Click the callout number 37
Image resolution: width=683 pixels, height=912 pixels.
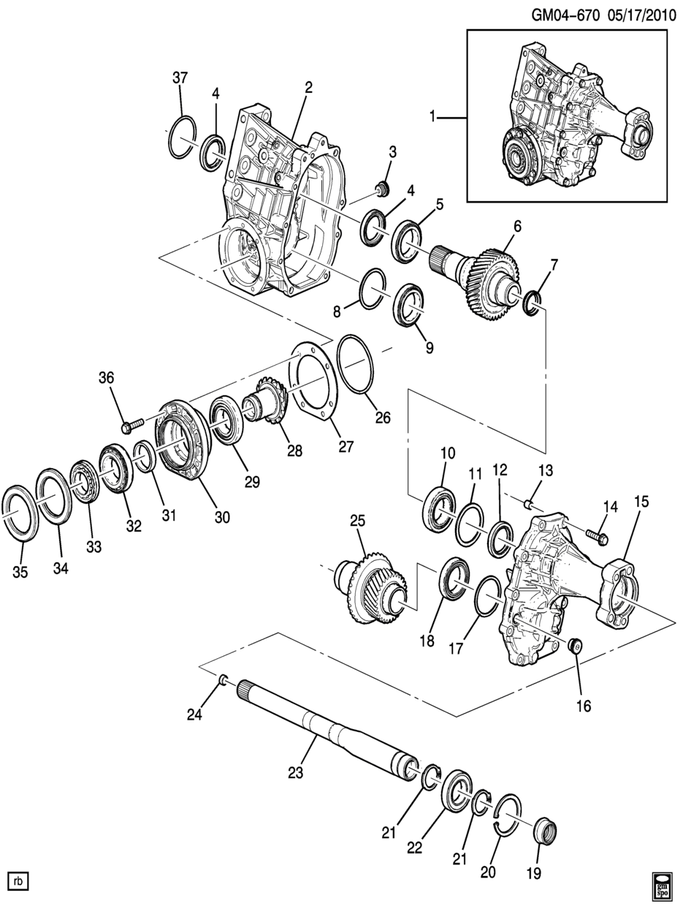coord(180,78)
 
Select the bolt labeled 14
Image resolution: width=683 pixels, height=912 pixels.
coord(598,536)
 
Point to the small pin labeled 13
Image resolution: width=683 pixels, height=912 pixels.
coord(528,504)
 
